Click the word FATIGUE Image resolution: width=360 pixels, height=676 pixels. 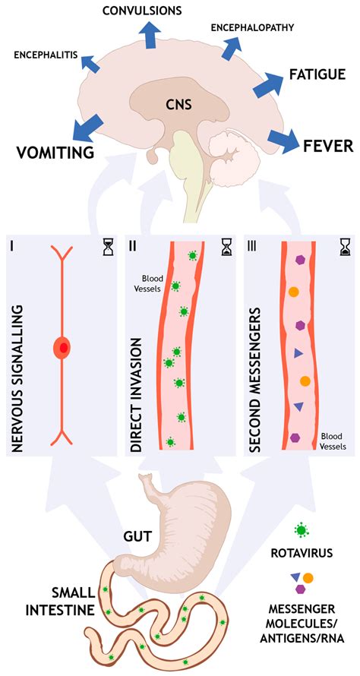pyautogui.click(x=317, y=74)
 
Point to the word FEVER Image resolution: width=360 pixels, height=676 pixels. pyautogui.click(x=327, y=144)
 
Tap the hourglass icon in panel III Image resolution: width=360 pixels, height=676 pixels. pyautogui.click(x=343, y=247)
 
